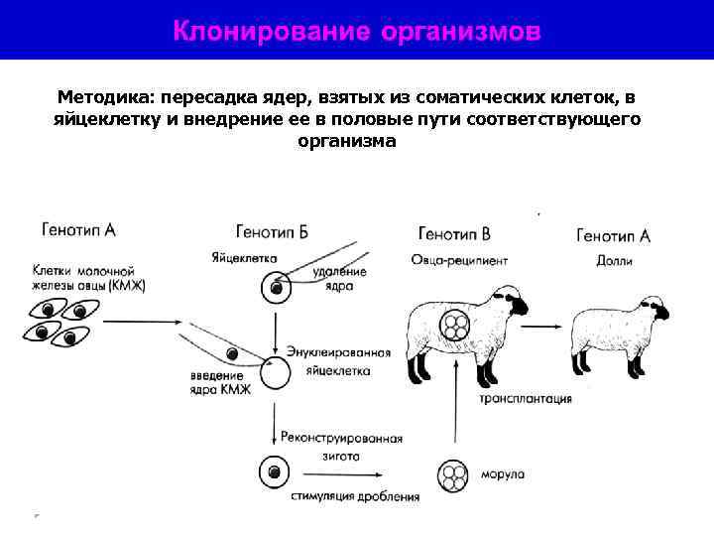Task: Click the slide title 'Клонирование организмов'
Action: click(357, 31)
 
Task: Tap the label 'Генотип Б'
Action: click(272, 232)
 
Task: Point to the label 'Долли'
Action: click(615, 261)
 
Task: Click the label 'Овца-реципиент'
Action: click(459, 261)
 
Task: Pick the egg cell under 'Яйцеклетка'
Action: click(276, 289)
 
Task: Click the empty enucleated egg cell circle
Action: click(276, 374)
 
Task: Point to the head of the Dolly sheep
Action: click(654, 309)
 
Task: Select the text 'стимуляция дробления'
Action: click(355, 495)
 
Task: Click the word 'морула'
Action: click(505, 473)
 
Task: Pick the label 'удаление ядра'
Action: click(339, 278)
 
